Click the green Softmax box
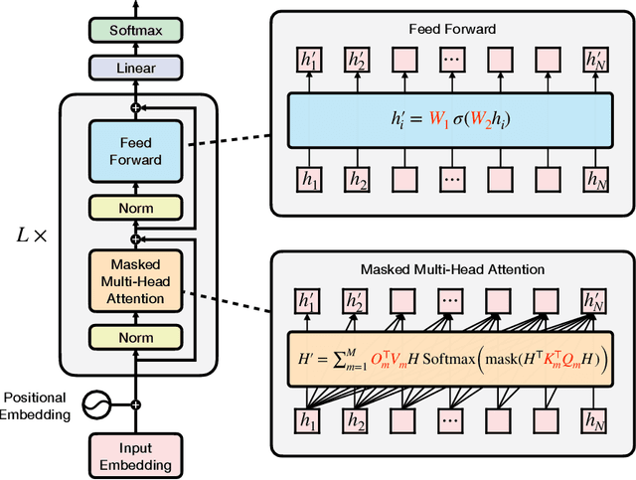[x=137, y=32]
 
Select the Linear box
[x=137, y=68]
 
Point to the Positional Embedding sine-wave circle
[x=95, y=404]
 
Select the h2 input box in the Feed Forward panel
[x=357, y=181]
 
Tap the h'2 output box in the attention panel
[x=357, y=300]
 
